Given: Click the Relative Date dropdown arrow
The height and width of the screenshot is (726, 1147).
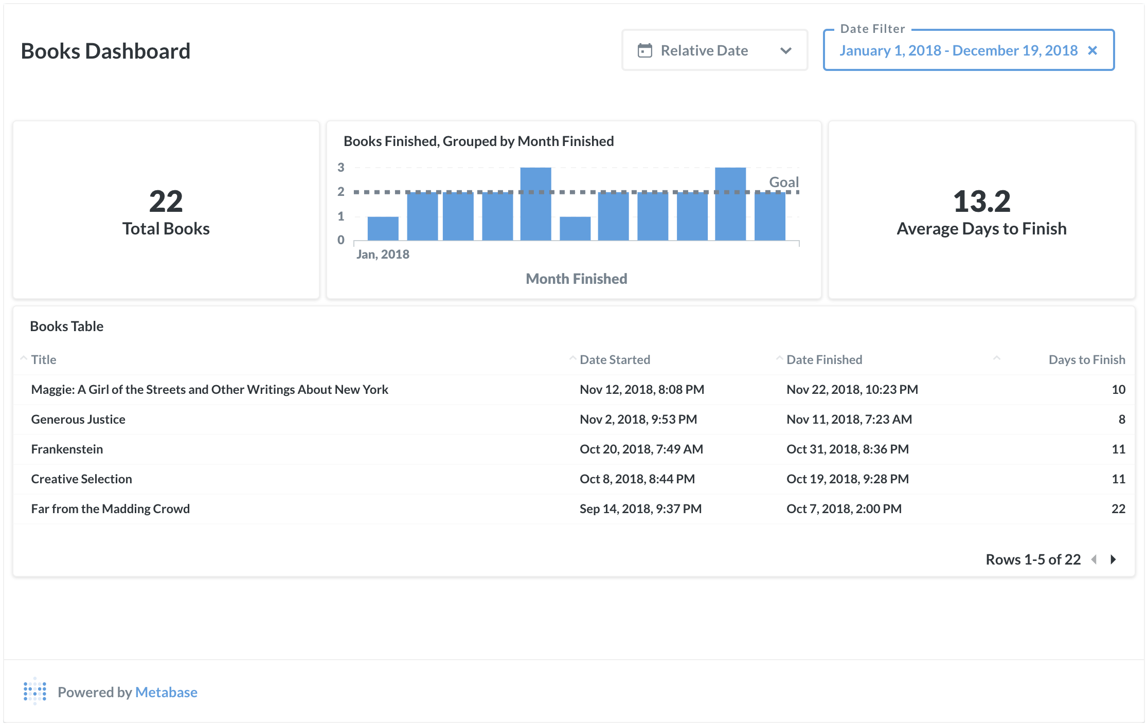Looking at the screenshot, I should click(785, 51).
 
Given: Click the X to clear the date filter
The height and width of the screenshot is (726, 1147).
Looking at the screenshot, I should click(1092, 50).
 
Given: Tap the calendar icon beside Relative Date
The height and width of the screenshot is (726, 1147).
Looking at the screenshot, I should click(644, 50).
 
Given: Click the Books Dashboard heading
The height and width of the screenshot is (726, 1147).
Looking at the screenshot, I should click(105, 51).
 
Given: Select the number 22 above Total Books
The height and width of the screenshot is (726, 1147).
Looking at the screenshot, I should click(166, 201).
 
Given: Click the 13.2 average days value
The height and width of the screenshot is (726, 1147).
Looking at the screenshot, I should click(981, 201).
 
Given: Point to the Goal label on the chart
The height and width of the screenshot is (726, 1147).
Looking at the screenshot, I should click(783, 182).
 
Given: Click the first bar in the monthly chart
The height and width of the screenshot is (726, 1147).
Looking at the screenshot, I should click(383, 228).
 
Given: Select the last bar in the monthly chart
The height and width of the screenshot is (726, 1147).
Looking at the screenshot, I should click(769, 216).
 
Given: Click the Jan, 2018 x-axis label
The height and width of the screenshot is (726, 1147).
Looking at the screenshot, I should click(383, 254).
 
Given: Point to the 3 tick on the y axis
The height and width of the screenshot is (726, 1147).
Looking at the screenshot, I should click(340, 168).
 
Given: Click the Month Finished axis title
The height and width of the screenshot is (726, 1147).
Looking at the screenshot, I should click(576, 279).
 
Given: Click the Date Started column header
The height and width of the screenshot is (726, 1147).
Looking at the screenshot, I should click(615, 359).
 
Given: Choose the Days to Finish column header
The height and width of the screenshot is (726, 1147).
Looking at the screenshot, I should click(1086, 359).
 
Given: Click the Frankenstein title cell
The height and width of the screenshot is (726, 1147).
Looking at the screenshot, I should click(67, 449).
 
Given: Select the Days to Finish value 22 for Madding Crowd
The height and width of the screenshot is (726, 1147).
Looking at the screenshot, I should click(1118, 509).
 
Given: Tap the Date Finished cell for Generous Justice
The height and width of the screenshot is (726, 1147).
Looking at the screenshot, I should click(849, 419).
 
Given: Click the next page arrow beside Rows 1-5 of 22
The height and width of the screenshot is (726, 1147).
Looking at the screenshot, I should click(1113, 559).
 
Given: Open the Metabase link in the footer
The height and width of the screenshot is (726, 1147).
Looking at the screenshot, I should click(166, 692).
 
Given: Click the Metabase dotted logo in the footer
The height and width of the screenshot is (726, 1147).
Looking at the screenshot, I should click(35, 692).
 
